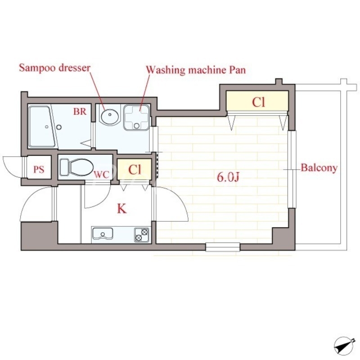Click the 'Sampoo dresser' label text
tap(54, 68)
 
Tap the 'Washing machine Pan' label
tap(196, 70)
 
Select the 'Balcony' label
tap(319, 168)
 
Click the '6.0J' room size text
tap(228, 177)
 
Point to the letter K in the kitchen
tap(121, 209)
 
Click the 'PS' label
tap(39, 170)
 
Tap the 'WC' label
tap(101, 175)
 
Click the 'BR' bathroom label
tap(80, 112)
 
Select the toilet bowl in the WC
tap(76, 167)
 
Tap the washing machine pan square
tap(137, 117)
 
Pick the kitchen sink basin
tap(103, 234)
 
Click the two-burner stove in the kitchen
tap(141, 235)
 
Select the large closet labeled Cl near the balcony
tap(257, 101)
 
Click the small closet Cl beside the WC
tap(134, 170)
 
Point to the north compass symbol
tap(343, 346)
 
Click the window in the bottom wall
tap(223, 247)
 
